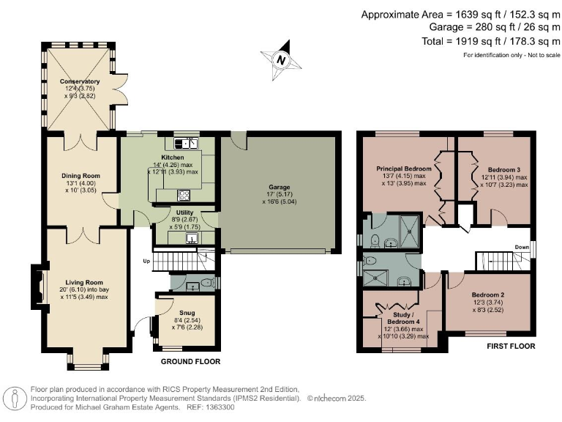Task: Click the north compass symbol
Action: tap(280, 59)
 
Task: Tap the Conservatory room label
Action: tap(80, 81)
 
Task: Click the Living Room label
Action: tap(83, 282)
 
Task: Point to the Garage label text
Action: tap(280, 186)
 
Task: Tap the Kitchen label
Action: tap(173, 158)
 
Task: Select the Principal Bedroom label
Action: tap(404, 168)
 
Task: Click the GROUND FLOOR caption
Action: tap(190, 361)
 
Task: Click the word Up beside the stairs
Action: tap(146, 261)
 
